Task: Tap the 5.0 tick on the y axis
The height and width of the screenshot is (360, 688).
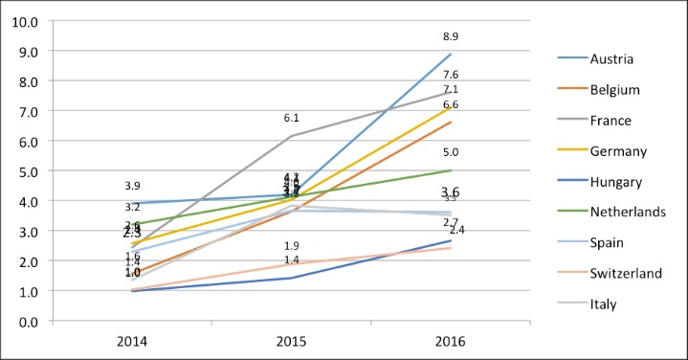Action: point(26,170)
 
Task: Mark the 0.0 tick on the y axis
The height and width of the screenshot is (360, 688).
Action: point(26,321)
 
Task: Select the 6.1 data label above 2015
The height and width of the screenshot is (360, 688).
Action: point(292,118)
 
